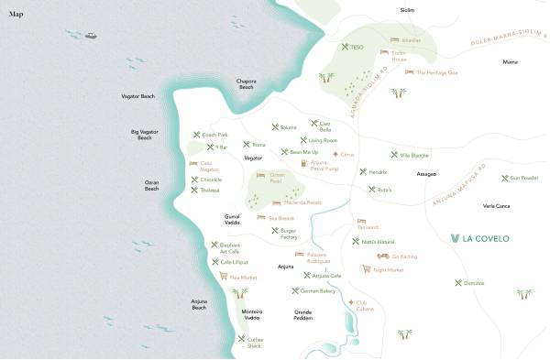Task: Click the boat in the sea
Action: [x=91, y=36]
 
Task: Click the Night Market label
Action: [x=389, y=270]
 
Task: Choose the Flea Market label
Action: [x=243, y=277]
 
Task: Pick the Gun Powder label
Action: [x=523, y=178]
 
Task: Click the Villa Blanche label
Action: [x=414, y=155]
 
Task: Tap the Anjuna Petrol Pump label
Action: [x=325, y=166]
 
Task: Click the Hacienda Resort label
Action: [x=302, y=202]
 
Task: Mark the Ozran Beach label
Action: [x=152, y=185]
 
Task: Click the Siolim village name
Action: [x=408, y=9]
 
